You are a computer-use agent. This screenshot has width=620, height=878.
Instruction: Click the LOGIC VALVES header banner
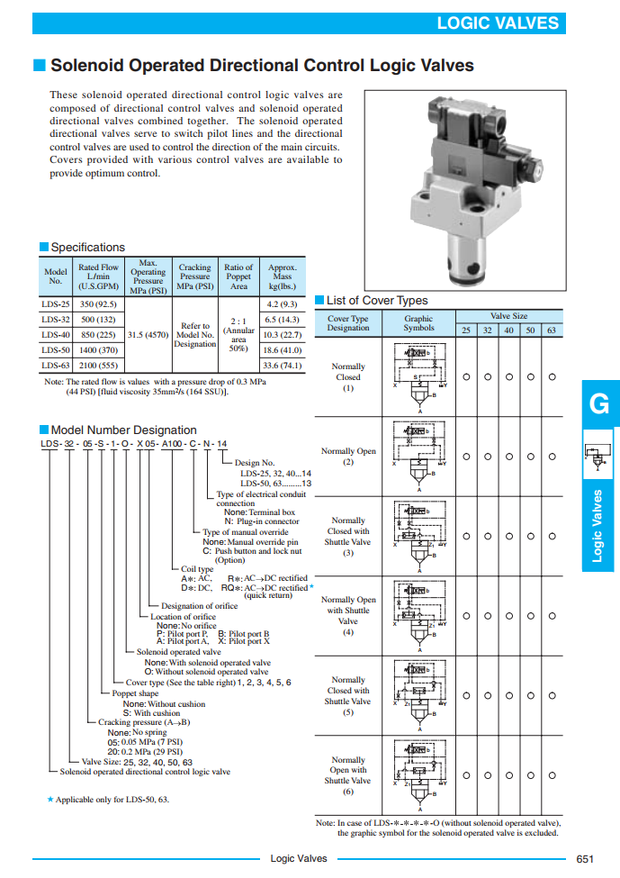(x=497, y=23)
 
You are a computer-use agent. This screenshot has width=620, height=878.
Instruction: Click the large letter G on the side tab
(x=598, y=404)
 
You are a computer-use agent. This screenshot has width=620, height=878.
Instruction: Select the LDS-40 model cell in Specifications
(x=56, y=334)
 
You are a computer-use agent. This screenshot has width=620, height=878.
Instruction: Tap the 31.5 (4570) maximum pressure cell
(x=148, y=334)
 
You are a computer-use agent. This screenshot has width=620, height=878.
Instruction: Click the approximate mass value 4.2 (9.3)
(x=283, y=304)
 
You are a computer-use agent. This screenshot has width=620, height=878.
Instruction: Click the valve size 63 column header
(x=552, y=330)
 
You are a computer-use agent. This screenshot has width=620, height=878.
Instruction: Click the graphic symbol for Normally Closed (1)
(x=418, y=377)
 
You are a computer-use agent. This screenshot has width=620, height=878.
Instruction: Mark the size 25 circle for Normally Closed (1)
(x=466, y=376)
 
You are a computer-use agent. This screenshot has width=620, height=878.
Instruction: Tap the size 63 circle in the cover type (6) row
(x=552, y=774)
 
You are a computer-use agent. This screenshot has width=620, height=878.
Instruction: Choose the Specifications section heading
(x=87, y=248)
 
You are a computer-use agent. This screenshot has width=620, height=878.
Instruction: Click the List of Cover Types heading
(x=377, y=301)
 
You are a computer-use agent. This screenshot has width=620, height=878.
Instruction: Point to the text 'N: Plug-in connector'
(x=262, y=521)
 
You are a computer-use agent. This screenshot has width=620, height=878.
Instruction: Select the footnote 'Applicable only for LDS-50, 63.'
(x=112, y=799)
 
